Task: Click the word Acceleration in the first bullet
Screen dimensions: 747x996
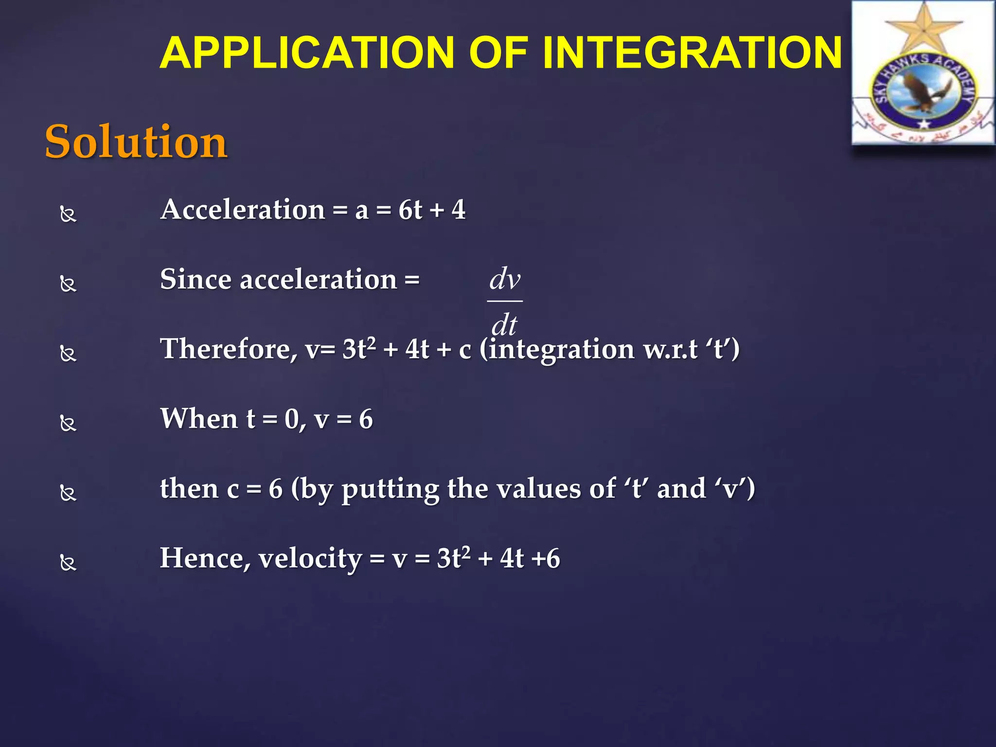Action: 243,210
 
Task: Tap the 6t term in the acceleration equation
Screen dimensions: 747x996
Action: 410,210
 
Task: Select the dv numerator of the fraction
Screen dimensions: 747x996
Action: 504,279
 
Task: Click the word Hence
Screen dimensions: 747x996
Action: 205,558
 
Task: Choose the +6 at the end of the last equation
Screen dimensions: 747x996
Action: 545,558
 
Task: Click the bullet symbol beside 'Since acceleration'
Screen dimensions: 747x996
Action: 68,284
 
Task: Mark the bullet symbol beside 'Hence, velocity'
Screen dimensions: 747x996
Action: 68,563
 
